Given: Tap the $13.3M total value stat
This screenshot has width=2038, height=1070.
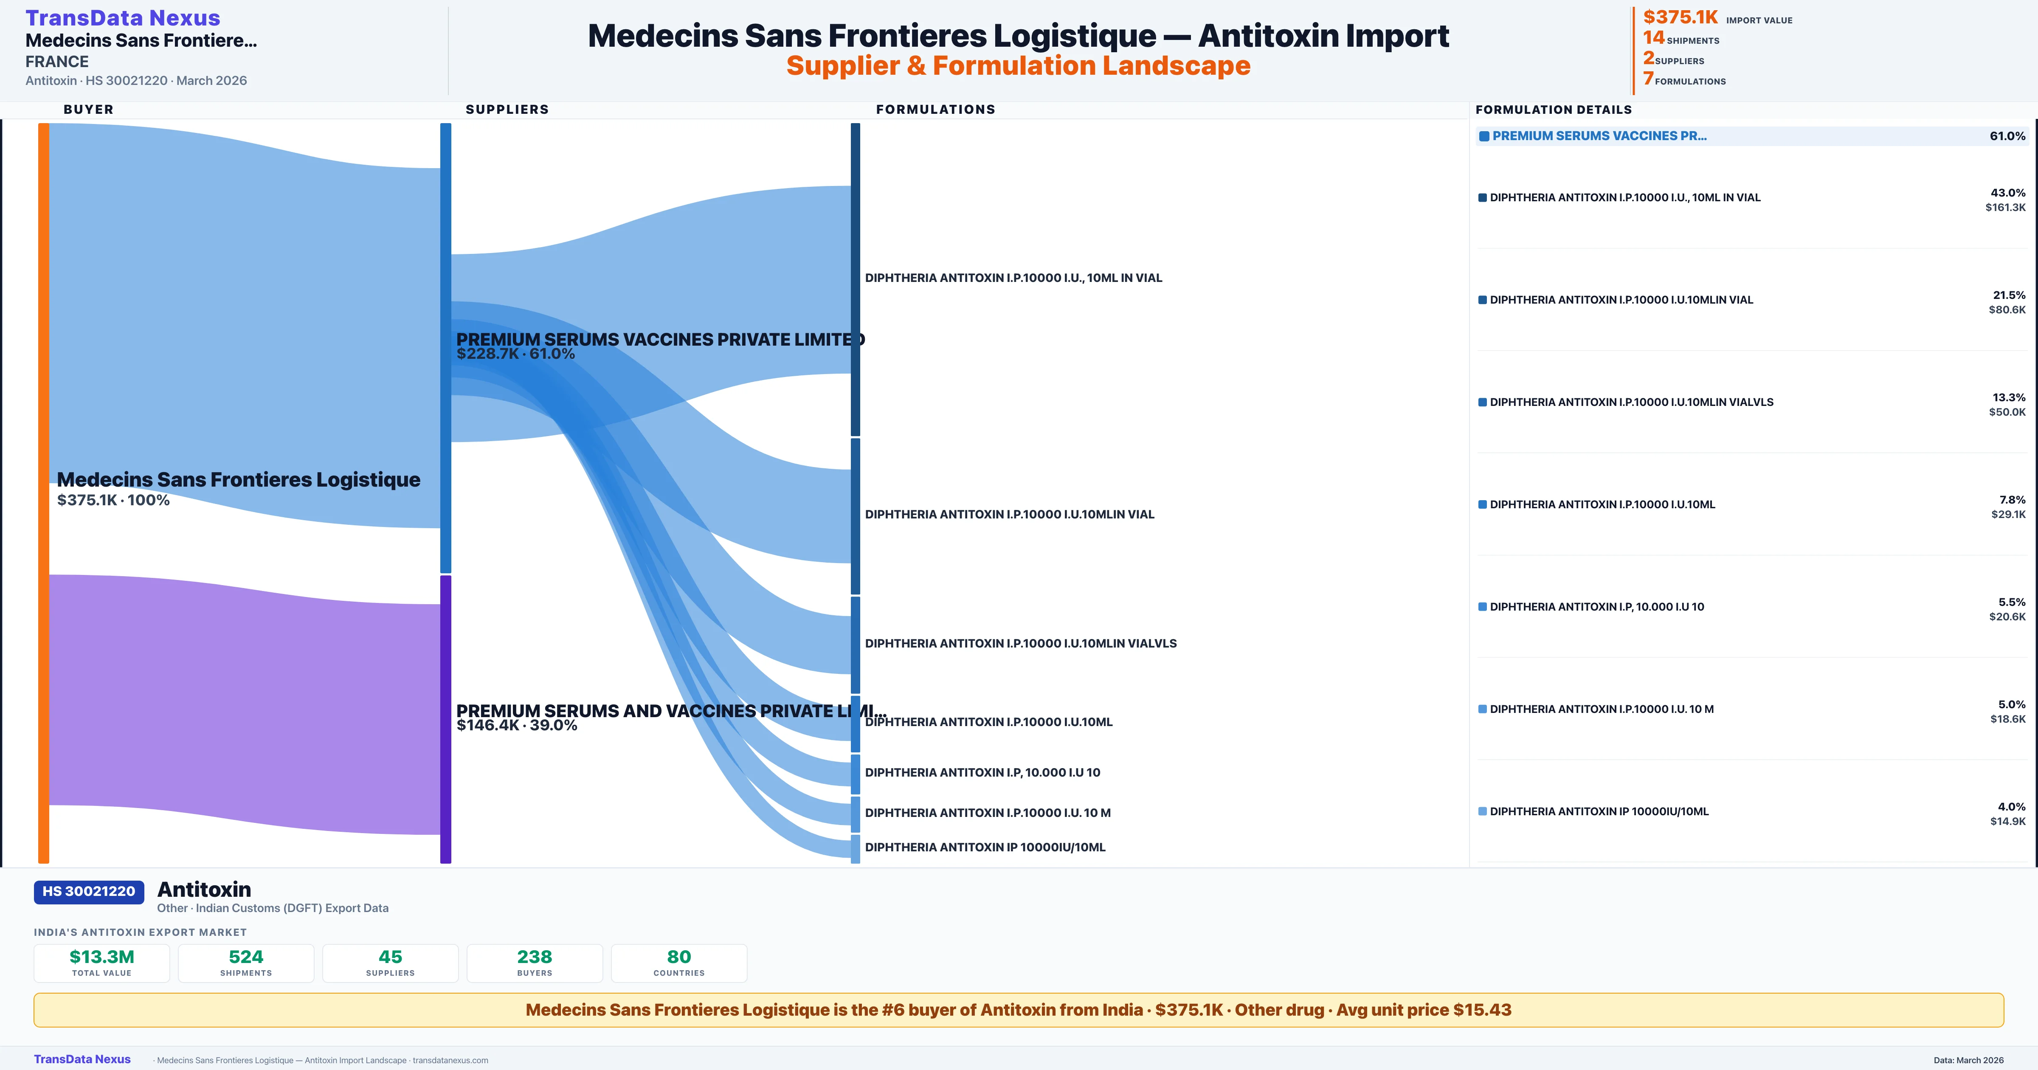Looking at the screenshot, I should tap(102, 963).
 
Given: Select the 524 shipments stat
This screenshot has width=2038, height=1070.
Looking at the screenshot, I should tap(246, 963).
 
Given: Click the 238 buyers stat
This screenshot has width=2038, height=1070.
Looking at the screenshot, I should tap(535, 963).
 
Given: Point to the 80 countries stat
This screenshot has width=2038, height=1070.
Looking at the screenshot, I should tap(679, 963).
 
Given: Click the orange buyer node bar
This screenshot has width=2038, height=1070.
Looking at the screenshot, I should tap(43, 491).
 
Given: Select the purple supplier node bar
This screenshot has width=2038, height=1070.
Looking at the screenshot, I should tap(445, 718).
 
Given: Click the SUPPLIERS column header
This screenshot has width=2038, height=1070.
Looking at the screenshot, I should tap(507, 109).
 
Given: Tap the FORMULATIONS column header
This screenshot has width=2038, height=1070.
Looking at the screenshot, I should tap(935, 109).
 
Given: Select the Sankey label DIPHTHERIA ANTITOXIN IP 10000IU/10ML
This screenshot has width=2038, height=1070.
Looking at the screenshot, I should tap(985, 847).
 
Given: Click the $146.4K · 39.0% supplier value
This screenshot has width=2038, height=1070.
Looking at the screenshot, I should tap(517, 726).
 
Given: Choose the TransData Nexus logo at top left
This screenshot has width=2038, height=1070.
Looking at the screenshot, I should tap(123, 17).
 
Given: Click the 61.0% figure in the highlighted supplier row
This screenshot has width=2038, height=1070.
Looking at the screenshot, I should tap(2007, 136).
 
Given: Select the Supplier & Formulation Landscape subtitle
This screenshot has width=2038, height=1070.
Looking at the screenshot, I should tap(1018, 66).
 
